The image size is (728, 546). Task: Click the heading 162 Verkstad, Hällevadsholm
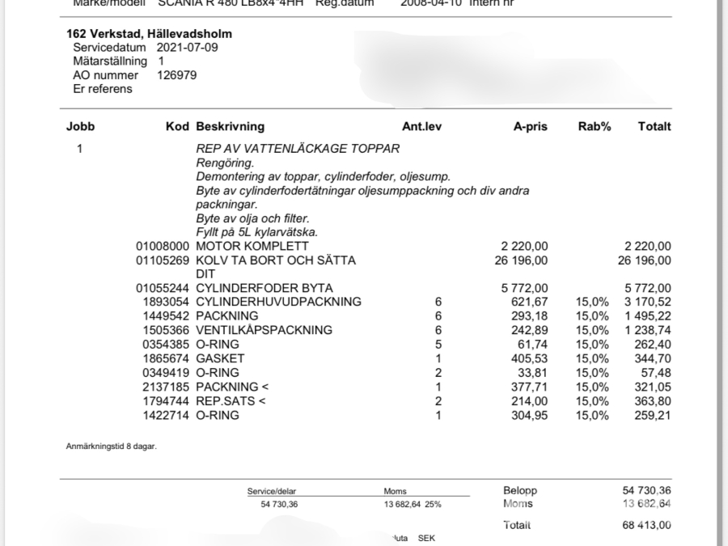[x=149, y=34]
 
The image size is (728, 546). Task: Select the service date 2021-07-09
[x=187, y=48]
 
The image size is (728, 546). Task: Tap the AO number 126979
[x=176, y=75]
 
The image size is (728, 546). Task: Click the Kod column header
[x=177, y=127]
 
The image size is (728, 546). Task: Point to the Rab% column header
[x=594, y=127]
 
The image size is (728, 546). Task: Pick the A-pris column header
[x=531, y=127]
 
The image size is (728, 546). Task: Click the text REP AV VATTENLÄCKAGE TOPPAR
[x=298, y=150]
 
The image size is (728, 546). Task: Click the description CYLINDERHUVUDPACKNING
[x=278, y=303]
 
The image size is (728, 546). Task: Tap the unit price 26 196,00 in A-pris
[x=521, y=260]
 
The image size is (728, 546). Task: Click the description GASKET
[x=220, y=358]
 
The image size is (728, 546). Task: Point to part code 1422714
[x=166, y=416]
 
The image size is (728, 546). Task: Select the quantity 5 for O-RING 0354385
[x=438, y=345]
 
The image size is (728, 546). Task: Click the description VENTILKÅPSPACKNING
[x=264, y=330]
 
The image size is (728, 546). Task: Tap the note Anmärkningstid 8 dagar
[x=111, y=447]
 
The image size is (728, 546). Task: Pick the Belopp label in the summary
[x=519, y=490]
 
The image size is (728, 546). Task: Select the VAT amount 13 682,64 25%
[x=412, y=504]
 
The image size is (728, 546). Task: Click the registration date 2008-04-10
[x=433, y=3]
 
